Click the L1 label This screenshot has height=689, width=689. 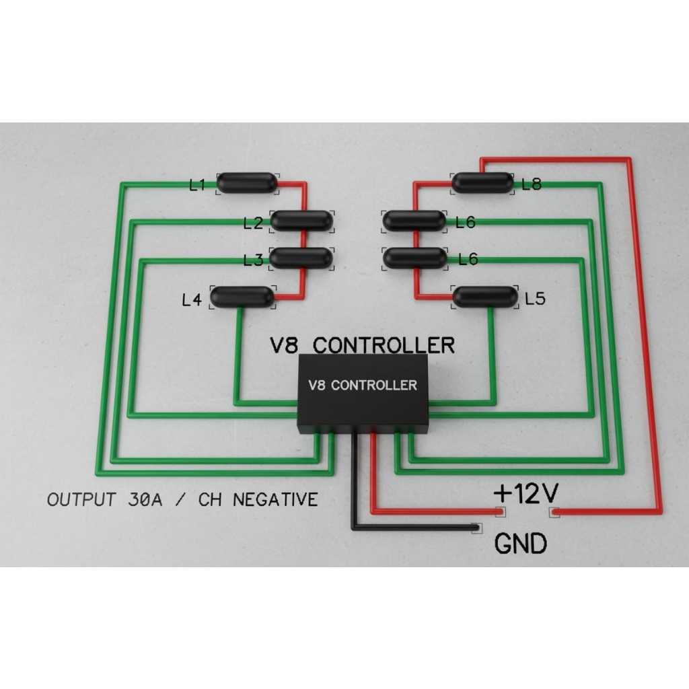[197, 184]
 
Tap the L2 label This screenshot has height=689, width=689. [253, 223]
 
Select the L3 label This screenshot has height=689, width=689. [254, 260]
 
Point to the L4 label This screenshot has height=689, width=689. [192, 300]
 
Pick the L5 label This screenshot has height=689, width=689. [535, 299]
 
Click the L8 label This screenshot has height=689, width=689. [532, 184]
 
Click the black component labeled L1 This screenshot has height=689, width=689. [247, 182]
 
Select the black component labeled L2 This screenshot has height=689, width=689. [301, 221]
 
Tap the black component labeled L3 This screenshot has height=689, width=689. [301, 258]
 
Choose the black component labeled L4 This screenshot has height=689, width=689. [242, 297]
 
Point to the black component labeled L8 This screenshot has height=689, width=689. [482, 182]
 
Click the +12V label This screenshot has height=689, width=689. [525, 494]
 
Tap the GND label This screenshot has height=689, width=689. [521, 544]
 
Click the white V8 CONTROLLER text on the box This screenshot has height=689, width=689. [362, 386]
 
